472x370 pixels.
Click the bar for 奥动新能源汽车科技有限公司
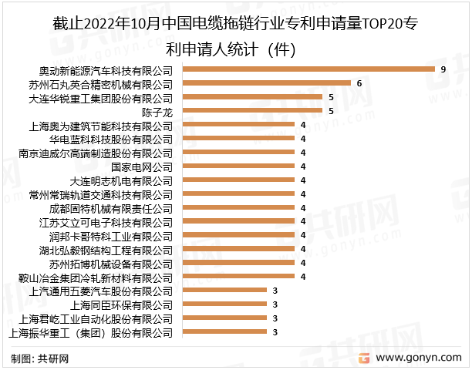coord(308,69)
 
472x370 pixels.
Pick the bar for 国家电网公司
coord(238,166)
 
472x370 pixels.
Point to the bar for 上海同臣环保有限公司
coord(224,304)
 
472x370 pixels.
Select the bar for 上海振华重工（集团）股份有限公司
coord(224,332)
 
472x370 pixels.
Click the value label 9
coord(443,69)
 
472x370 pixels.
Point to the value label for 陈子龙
coord(331,111)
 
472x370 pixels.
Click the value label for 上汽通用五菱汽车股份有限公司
coord(275,291)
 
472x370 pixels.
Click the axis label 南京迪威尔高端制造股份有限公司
coord(97,153)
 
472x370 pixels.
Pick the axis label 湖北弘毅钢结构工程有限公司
coord(106,250)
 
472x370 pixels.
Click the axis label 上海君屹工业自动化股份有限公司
coord(97,318)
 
